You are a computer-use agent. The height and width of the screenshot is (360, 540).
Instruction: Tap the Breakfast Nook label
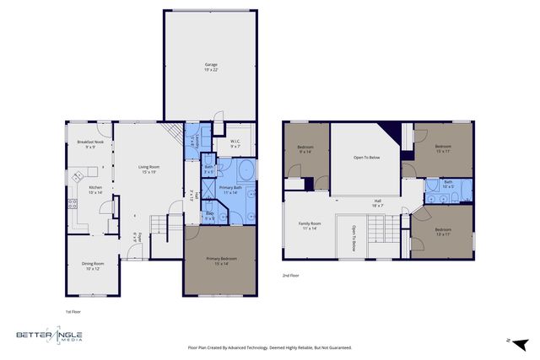(x=89, y=144)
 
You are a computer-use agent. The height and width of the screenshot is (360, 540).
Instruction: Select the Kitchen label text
(x=95, y=190)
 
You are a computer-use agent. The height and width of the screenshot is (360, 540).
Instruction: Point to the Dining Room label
(x=94, y=266)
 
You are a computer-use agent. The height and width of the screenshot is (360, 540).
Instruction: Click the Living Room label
(x=149, y=169)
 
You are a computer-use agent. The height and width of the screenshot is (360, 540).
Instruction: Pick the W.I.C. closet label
(x=236, y=143)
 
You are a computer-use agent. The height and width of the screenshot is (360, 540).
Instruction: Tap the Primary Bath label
(x=230, y=190)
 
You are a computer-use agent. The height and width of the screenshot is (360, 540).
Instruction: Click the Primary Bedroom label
(x=220, y=261)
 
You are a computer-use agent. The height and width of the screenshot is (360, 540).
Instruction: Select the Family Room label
(x=310, y=226)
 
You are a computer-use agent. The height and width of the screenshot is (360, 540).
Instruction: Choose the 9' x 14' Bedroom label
(x=305, y=149)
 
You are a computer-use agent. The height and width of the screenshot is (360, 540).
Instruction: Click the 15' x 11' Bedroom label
(x=443, y=148)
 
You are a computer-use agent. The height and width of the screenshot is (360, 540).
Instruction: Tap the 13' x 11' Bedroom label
(x=443, y=232)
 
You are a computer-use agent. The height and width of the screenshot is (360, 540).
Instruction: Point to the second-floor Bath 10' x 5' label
(x=449, y=184)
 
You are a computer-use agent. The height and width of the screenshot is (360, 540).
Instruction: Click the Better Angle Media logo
(x=51, y=337)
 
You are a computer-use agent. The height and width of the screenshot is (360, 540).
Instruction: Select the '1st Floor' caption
(x=73, y=311)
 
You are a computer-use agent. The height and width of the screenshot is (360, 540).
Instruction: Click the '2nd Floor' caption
(x=292, y=276)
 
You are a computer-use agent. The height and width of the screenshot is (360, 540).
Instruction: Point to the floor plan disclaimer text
(x=269, y=347)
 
